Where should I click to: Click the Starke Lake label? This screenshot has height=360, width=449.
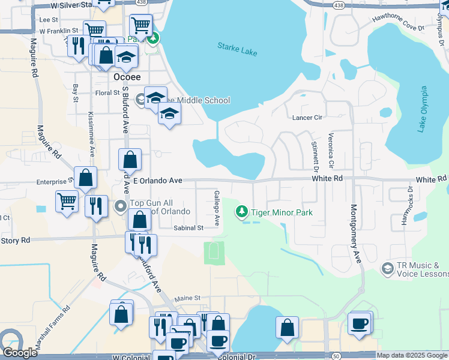point(237,49)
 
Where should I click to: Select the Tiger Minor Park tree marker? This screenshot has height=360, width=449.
point(241,212)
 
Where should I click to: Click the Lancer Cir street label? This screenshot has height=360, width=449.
point(307,118)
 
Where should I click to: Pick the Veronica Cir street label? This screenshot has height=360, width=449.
point(330,151)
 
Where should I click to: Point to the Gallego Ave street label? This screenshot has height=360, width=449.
point(217,208)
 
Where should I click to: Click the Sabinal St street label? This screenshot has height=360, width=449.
point(188,228)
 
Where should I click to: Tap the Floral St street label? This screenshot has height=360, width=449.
point(108,93)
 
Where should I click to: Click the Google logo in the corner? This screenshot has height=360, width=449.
point(19,352)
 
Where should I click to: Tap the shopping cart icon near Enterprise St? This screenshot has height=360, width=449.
point(67,201)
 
